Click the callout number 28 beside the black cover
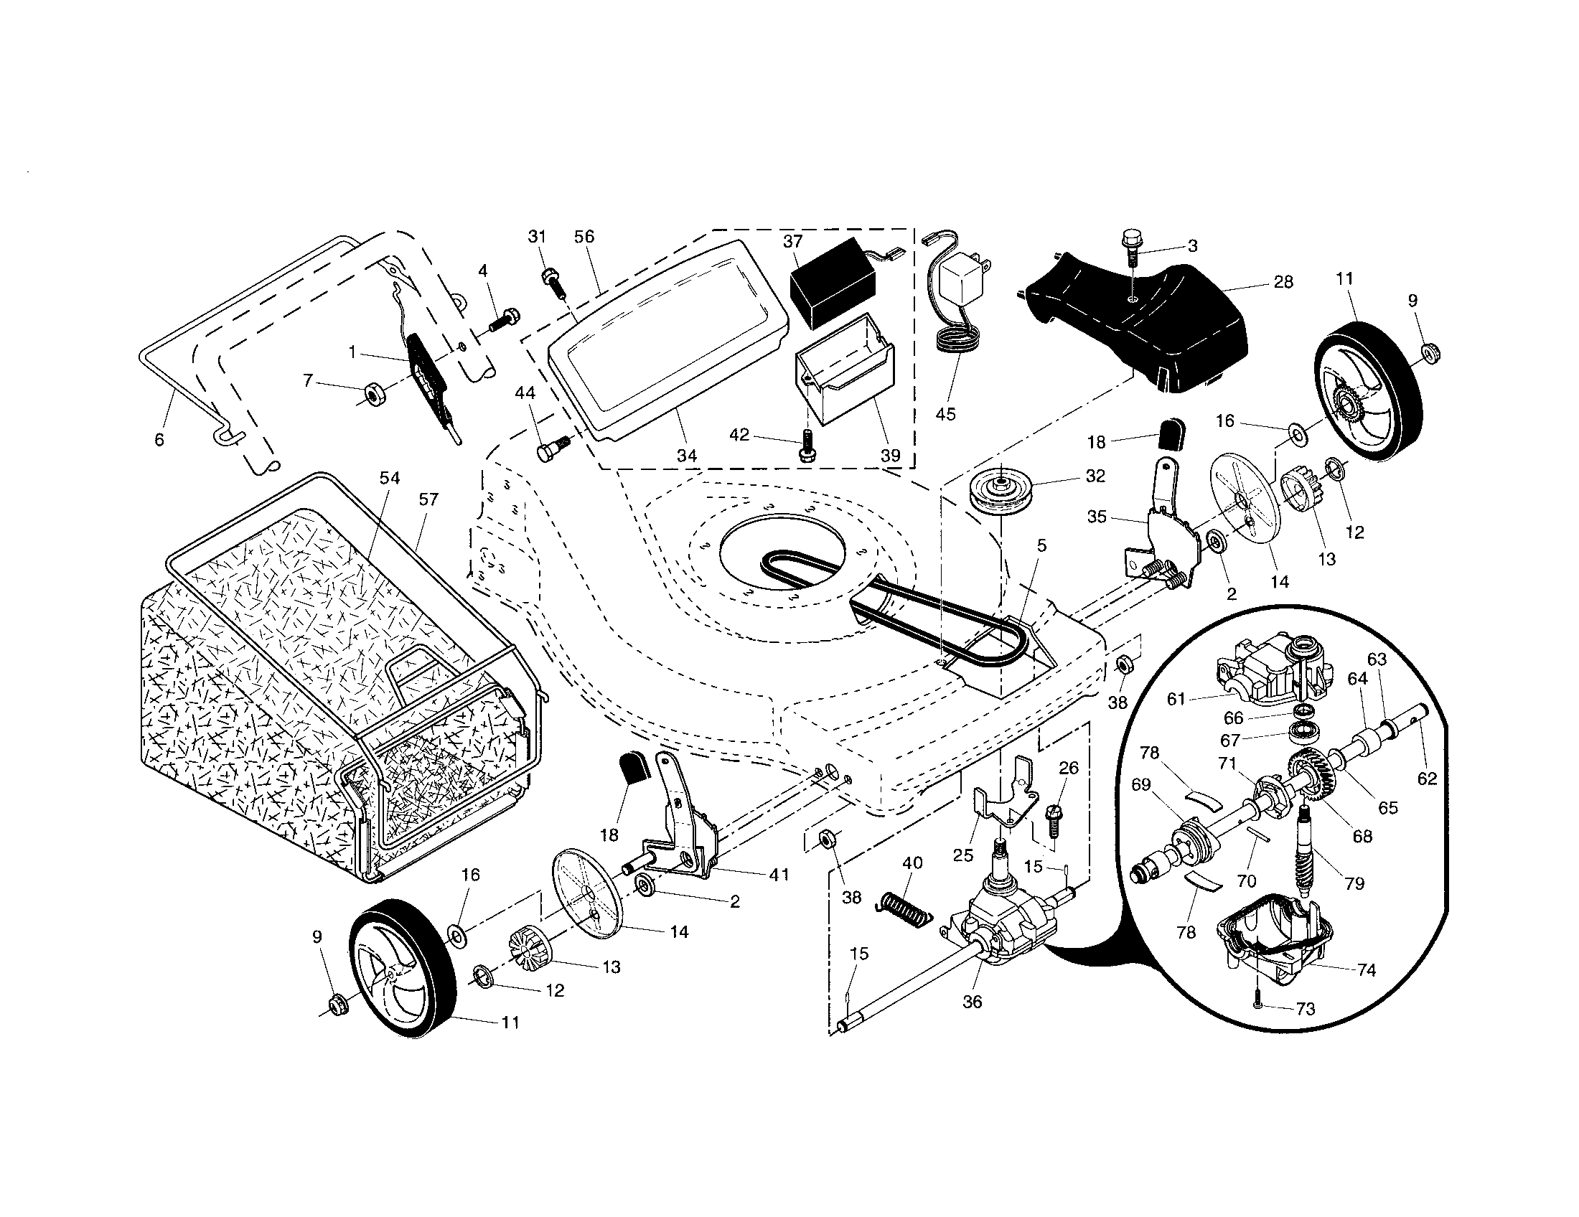pyautogui.click(x=1283, y=282)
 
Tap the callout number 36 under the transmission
pyautogui.click(x=973, y=1002)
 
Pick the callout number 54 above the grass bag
pyautogui.click(x=390, y=478)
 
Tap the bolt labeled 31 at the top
pyautogui.click(x=552, y=279)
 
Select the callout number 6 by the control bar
pyautogui.click(x=159, y=439)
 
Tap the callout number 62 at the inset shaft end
pyautogui.click(x=1426, y=779)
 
